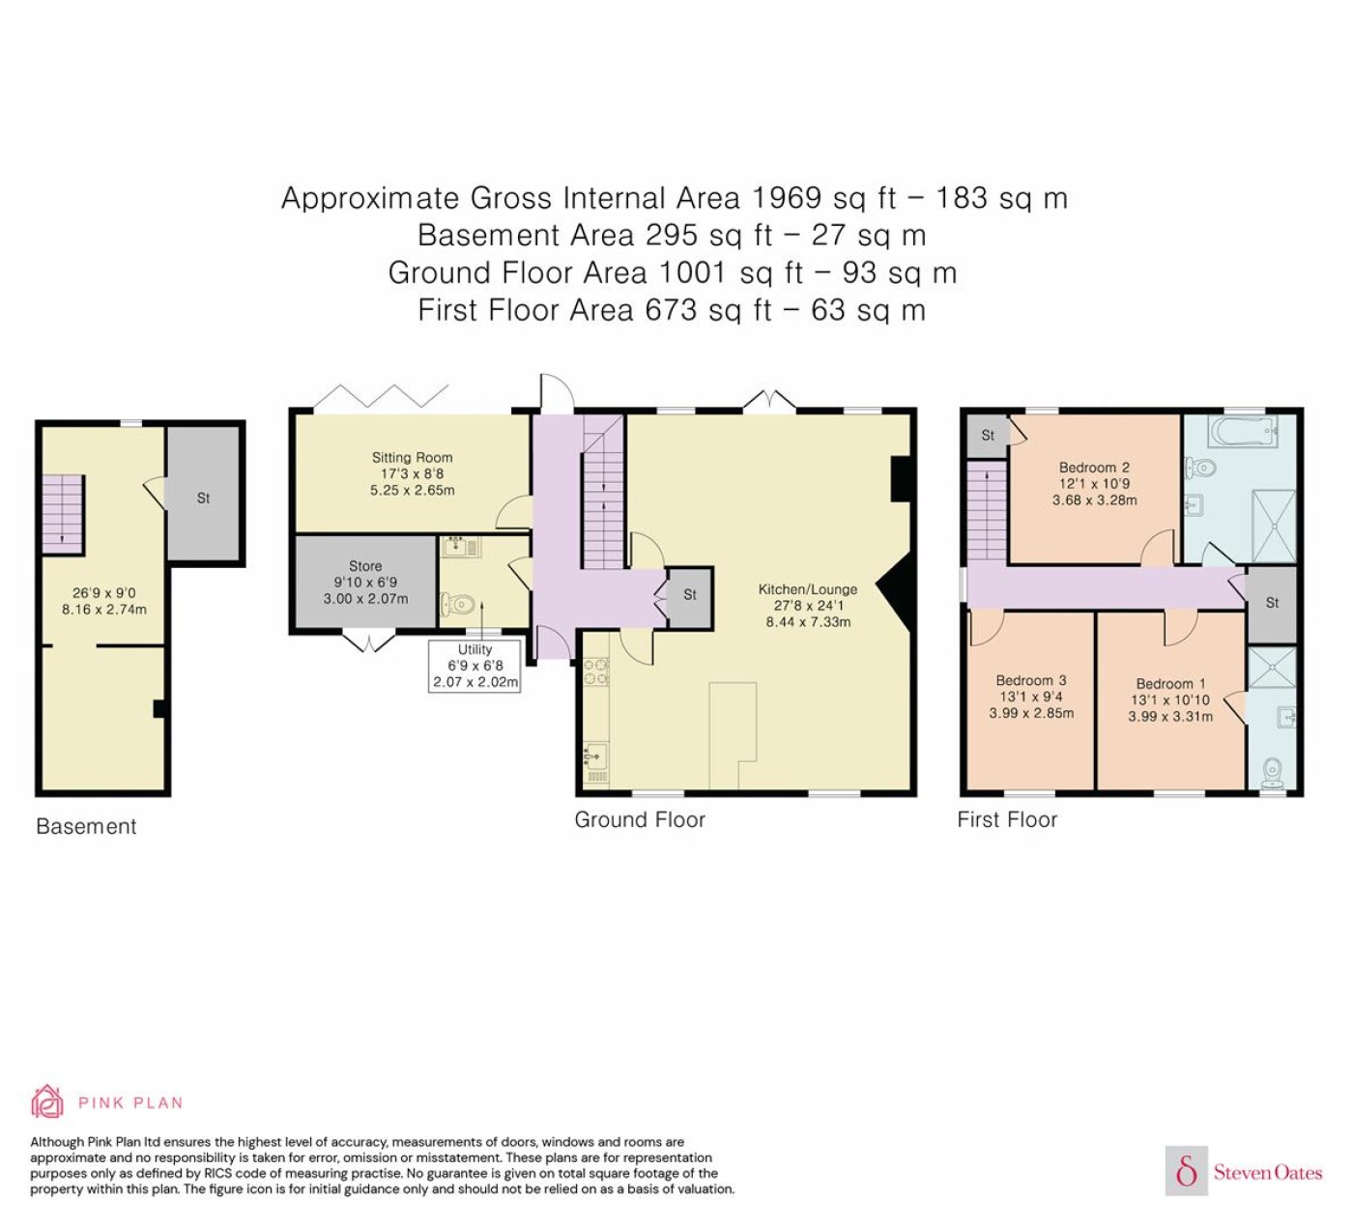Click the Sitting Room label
(412, 457)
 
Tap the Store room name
(365, 566)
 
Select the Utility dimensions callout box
(475, 666)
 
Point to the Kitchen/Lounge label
(807, 589)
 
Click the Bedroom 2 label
(1094, 468)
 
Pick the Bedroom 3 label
(1031, 680)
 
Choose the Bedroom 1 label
(1171, 684)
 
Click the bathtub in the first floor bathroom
(1240, 430)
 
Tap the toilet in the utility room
(459, 603)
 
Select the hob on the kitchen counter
(596, 672)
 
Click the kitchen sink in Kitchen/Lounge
(595, 756)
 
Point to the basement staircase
(63, 515)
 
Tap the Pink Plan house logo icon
(47, 1102)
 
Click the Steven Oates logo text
(1268, 1172)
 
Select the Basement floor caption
(86, 826)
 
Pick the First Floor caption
(1007, 819)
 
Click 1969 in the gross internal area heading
(786, 198)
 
